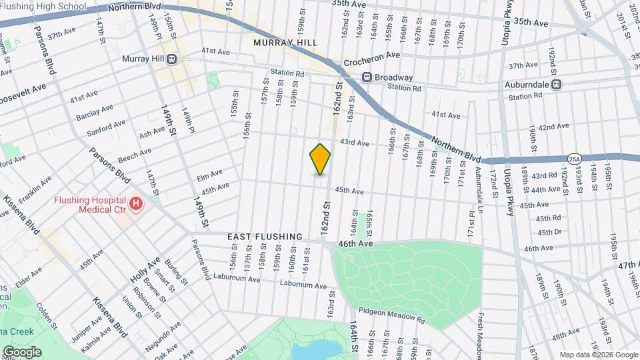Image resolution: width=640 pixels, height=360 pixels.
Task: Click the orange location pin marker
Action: pyautogui.click(x=320, y=159)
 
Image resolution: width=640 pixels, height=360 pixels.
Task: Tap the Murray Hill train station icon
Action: pyautogui.click(x=172, y=59)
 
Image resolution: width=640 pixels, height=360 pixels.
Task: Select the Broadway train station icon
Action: pyautogui.click(x=367, y=77)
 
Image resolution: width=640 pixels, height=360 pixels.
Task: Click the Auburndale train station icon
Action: pyautogui.click(x=556, y=85)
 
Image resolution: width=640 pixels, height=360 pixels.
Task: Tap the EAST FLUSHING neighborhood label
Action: pyautogui.click(x=265, y=237)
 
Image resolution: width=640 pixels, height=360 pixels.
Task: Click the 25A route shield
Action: pyautogui.click(x=575, y=158)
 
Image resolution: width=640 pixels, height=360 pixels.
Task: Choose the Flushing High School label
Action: pyautogui.click(x=43, y=6)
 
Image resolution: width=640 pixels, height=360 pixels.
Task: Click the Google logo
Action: pyautogui.click(x=21, y=352)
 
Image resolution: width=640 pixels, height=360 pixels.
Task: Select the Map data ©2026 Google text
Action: pyautogui.click(x=598, y=354)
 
